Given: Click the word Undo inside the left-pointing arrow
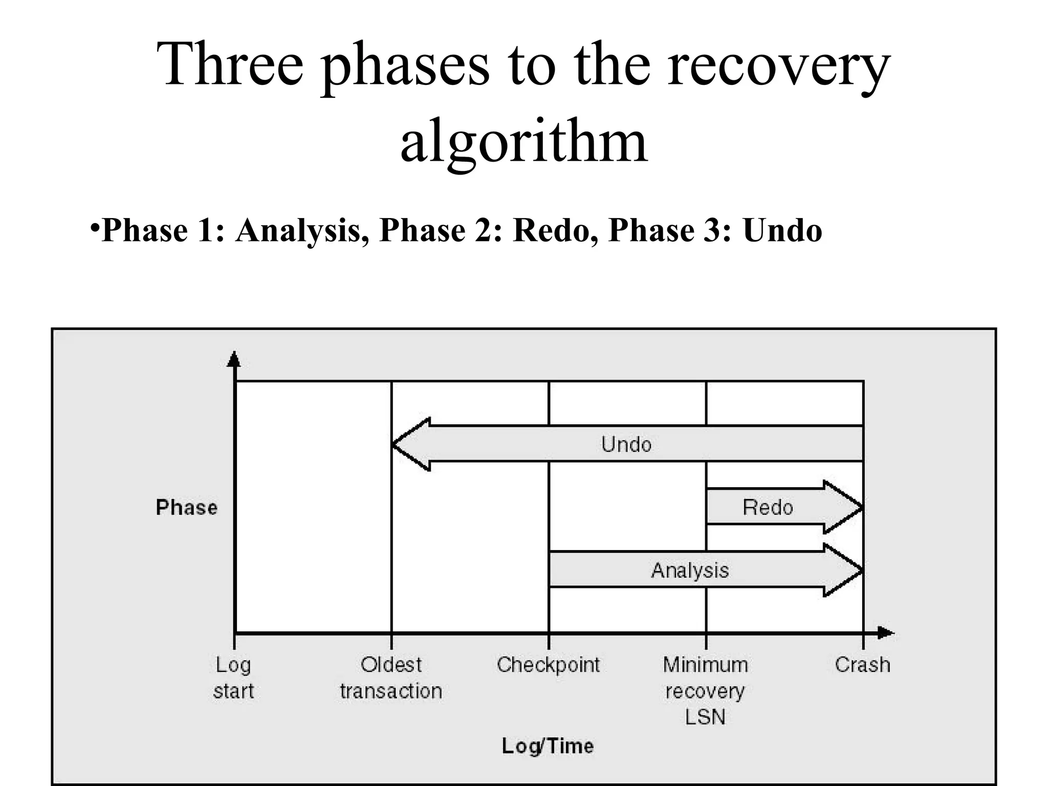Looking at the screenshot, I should (626, 444).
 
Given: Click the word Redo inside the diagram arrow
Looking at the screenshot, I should (768, 508).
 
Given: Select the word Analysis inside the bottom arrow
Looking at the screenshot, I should (690, 570).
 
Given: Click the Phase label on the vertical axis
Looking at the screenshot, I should (187, 508).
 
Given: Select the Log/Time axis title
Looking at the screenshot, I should (548, 746).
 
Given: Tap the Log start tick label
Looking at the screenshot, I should (233, 678).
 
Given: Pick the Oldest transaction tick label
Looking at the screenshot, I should (391, 678).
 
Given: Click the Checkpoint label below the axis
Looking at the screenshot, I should (548, 665).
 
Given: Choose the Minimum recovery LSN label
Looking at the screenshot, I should (706, 691).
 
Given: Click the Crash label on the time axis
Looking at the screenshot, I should (863, 665).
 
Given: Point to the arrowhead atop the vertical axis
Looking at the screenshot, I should (234, 359).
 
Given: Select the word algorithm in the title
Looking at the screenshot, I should (523, 141).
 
